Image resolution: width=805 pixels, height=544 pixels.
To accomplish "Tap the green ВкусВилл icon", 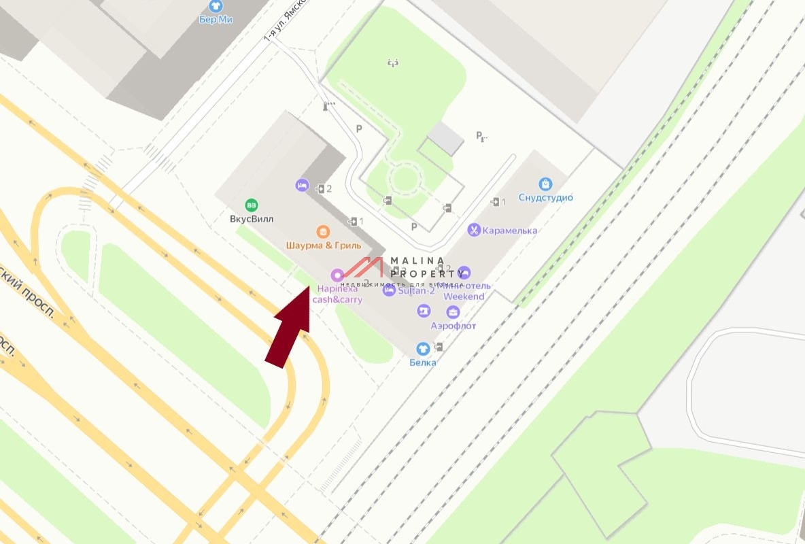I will pyautogui.click(x=251, y=205).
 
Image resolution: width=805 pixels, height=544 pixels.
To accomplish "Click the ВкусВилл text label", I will pyautogui.click(x=252, y=220).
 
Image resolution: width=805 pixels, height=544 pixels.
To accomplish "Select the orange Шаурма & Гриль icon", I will pyautogui.click(x=323, y=231).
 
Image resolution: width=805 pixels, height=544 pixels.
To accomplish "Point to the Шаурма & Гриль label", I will pyautogui.click(x=323, y=245).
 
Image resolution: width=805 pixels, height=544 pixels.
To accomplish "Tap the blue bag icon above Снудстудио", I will pyautogui.click(x=545, y=184).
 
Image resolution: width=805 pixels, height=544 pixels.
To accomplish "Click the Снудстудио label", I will pyautogui.click(x=545, y=198).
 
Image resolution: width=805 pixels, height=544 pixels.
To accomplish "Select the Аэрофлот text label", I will pyautogui.click(x=453, y=326).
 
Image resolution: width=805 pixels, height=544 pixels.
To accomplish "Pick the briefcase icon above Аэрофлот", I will pyautogui.click(x=453, y=312).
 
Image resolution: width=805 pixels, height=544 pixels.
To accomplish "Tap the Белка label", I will pyautogui.click(x=422, y=362).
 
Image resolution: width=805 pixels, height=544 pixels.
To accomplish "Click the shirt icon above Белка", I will pyautogui.click(x=422, y=349).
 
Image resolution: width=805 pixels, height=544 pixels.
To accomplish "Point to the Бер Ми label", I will pyautogui.click(x=216, y=19).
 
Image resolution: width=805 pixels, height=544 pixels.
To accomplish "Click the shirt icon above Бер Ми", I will pyautogui.click(x=216, y=5).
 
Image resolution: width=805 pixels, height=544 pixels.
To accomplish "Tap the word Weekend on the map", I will pyautogui.click(x=464, y=296).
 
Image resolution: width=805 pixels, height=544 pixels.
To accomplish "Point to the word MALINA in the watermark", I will pyautogui.click(x=417, y=260).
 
